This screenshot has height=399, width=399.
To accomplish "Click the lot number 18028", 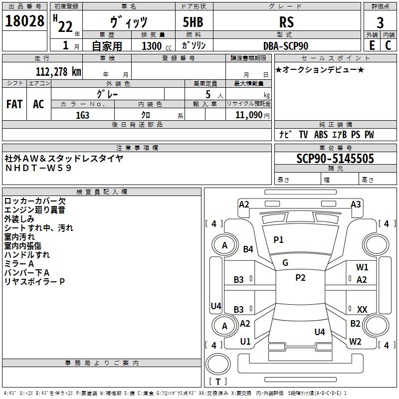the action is click(x=24, y=21).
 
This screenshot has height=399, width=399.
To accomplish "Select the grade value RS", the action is click(x=286, y=22).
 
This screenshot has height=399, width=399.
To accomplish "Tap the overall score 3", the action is click(x=380, y=23).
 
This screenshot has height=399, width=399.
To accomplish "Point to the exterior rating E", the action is click(x=372, y=45).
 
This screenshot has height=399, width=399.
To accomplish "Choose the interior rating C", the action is click(x=388, y=45).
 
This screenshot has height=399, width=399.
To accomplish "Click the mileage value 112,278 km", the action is click(x=58, y=72).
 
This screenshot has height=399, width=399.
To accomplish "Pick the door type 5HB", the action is click(x=193, y=22).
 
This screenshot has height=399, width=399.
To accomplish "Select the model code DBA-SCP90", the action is click(x=286, y=46).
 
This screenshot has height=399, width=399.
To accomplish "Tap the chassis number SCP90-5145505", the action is click(x=335, y=158).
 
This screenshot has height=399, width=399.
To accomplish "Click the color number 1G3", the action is click(x=82, y=115).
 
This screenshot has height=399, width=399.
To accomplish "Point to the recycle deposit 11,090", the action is click(x=248, y=115).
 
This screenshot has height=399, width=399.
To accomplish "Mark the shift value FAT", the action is click(x=14, y=104).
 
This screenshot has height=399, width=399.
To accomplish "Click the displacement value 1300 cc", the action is click(x=157, y=46).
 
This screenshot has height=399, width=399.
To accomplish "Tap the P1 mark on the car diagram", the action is click(x=278, y=239).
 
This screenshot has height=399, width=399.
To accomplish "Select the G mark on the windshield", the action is click(x=285, y=263).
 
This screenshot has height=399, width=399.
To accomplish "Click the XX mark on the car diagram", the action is click(x=362, y=309).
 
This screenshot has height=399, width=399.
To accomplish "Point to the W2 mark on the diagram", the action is click(x=355, y=341).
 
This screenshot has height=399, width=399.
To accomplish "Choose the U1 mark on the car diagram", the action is click(x=245, y=341).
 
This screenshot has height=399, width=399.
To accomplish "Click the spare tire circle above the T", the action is click(x=218, y=364).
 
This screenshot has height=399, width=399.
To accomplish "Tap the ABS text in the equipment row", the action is click(x=321, y=135).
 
